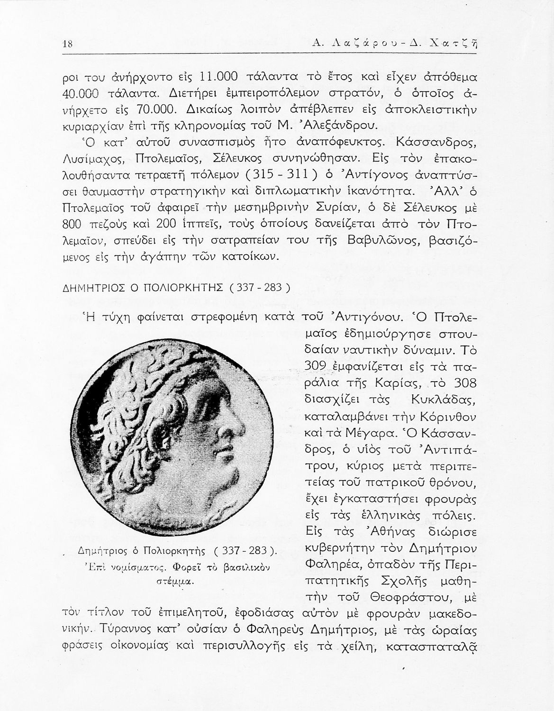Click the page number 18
[67, 45]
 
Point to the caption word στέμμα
[174, 581]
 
